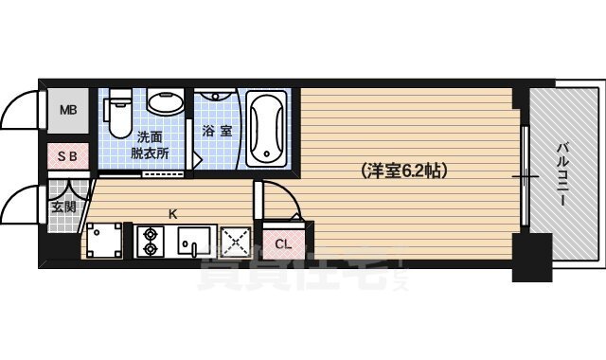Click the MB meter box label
67,110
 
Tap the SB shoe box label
67,156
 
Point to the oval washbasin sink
168,104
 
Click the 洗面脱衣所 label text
151,143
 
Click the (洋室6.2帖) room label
403,172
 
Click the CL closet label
282,244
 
